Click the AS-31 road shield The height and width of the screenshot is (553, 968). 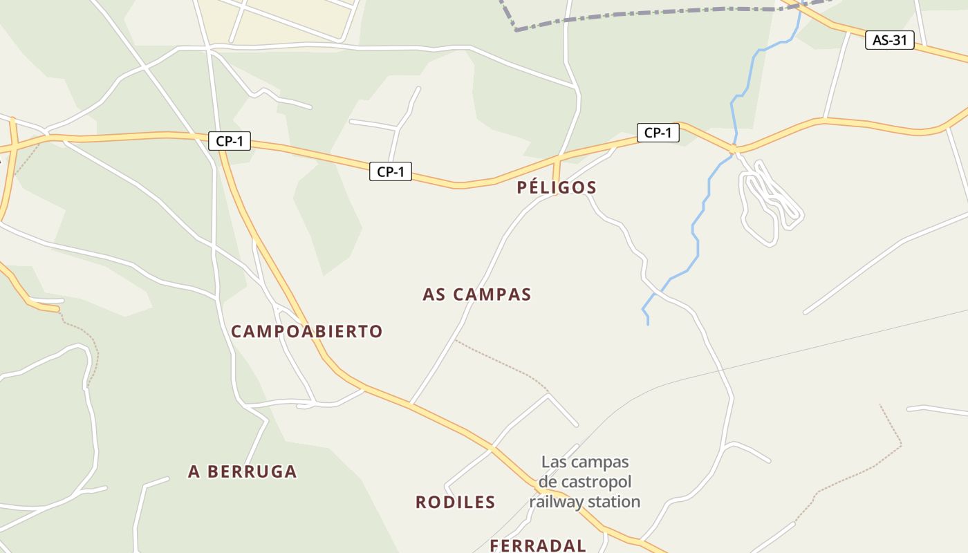click(x=889, y=40)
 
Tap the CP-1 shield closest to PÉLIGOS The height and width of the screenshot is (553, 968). click(x=658, y=133)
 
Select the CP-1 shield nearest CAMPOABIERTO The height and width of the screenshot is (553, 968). click(x=230, y=141)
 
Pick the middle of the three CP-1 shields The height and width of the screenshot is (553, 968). click(x=391, y=171)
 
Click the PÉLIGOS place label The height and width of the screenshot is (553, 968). click(x=556, y=187)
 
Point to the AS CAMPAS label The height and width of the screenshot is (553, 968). click(x=476, y=294)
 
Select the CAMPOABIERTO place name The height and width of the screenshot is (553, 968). click(x=306, y=331)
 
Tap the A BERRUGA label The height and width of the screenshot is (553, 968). click(x=242, y=471)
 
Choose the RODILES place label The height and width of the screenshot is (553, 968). click(x=455, y=502)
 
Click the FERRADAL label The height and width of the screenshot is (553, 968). click(x=538, y=545)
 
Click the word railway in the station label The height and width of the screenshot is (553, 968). click(x=555, y=502)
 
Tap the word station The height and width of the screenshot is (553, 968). click(x=613, y=502)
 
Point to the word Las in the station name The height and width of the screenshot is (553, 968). click(x=553, y=462)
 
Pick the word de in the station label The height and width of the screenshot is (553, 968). click(x=548, y=482)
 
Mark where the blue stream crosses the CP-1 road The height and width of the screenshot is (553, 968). click(x=735, y=148)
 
